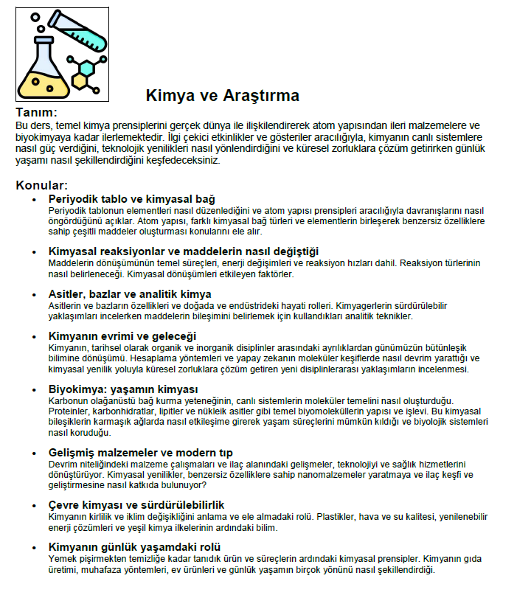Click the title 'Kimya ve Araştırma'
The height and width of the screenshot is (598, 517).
[221, 95]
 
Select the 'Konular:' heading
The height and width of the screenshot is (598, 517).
[41, 184]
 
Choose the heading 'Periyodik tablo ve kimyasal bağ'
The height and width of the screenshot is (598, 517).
[131, 199]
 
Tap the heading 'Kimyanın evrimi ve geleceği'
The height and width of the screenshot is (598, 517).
[121, 336]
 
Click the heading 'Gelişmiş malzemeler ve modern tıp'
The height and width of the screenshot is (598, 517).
[140, 452]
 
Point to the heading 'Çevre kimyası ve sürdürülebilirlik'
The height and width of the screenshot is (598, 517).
[136, 505]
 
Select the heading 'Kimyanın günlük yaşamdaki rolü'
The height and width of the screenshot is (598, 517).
[134, 547]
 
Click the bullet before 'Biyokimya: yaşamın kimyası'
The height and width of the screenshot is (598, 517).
[34, 389]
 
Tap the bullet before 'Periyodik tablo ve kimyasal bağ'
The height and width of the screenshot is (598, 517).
[34, 199]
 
